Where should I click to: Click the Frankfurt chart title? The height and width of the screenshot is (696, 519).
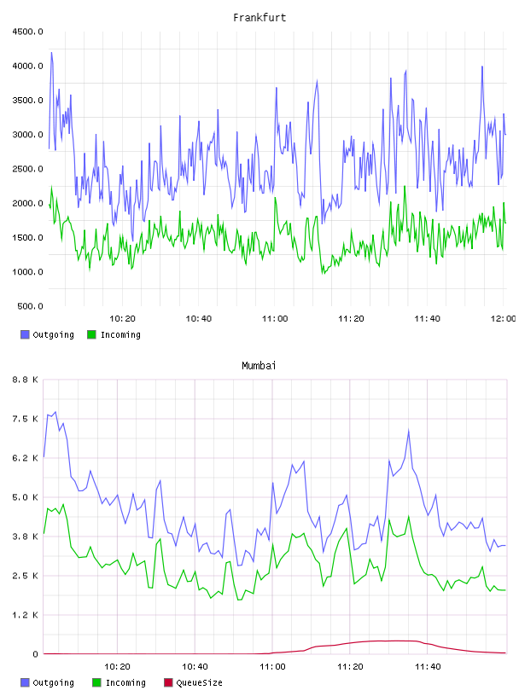click(x=259, y=18)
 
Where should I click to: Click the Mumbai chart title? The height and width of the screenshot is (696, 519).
click(x=259, y=366)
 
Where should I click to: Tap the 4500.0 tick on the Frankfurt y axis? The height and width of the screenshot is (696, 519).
click(x=27, y=32)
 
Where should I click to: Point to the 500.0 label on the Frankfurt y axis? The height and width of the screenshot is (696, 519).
click(x=30, y=306)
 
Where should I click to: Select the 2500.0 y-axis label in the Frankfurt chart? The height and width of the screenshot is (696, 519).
click(x=27, y=169)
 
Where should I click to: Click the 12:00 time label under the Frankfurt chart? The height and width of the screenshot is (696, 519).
click(x=503, y=319)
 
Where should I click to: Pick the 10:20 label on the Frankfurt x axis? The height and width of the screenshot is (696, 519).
click(x=122, y=319)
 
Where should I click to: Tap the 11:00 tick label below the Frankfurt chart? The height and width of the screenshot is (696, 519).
click(x=275, y=319)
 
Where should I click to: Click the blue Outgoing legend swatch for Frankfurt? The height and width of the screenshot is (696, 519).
click(x=25, y=334)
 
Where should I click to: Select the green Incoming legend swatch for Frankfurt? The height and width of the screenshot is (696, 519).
click(x=91, y=334)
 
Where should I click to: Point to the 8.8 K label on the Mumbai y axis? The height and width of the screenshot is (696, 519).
click(x=26, y=380)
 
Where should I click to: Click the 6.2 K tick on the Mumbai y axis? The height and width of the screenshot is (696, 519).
click(x=26, y=458)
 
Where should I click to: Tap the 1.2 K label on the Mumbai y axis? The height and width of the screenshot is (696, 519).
click(x=26, y=615)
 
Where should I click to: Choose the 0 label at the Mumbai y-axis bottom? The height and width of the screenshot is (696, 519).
click(x=36, y=654)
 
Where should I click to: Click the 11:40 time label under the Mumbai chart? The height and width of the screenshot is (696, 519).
click(x=428, y=667)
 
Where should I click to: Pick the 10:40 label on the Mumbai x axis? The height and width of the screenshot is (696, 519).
click(x=195, y=667)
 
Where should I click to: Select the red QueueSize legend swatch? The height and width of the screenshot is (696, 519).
click(x=168, y=682)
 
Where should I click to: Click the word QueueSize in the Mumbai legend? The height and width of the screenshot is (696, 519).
click(x=199, y=682)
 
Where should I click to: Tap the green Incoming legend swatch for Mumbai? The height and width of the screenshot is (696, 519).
click(x=96, y=682)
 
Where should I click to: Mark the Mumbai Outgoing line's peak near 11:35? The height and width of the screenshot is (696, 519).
click(x=408, y=430)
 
